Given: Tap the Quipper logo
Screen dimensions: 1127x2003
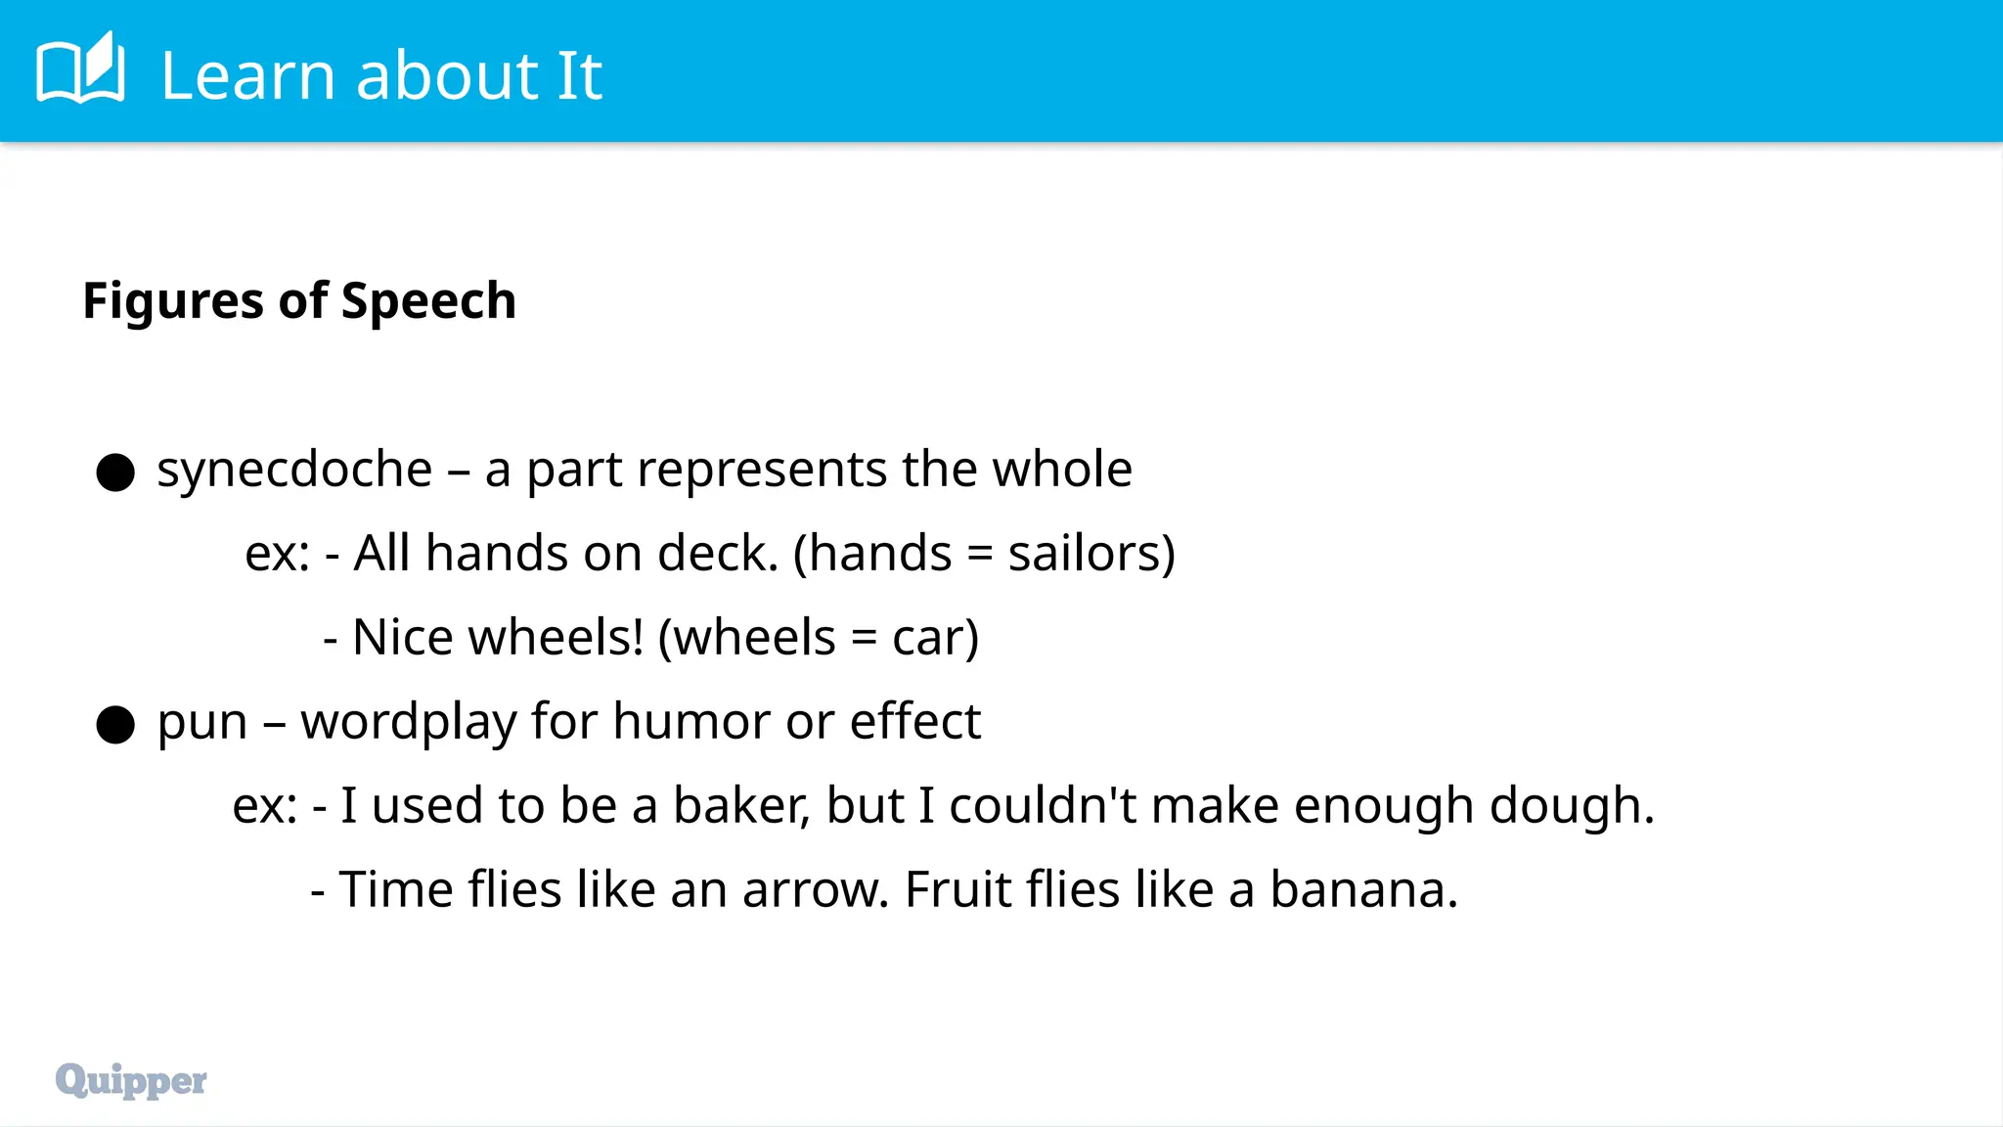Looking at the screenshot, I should pyautogui.click(x=131, y=1080).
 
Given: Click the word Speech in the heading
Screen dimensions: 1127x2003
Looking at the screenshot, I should pyautogui.click(x=428, y=301).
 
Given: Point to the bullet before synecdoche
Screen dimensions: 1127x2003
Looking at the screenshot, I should pyautogui.click(x=115, y=473).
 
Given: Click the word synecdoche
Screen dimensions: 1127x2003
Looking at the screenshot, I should pyautogui.click(x=294, y=471).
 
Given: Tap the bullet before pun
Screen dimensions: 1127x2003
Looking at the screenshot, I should pyautogui.click(x=115, y=725).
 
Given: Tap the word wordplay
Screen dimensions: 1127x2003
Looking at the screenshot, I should pyautogui.click(x=408, y=723).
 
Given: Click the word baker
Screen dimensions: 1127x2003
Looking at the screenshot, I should pyautogui.click(x=741, y=806).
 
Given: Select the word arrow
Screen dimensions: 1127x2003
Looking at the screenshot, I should pyautogui.click(x=814, y=891).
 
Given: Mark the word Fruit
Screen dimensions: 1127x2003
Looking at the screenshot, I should pyautogui.click(x=957, y=890).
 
